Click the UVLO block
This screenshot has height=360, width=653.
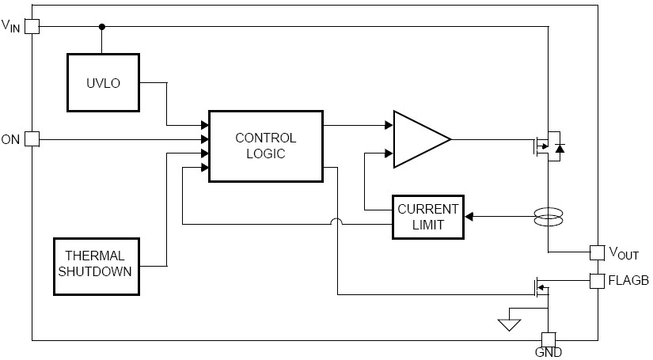[x=103, y=83]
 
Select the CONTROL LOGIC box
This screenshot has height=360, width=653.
[x=265, y=146]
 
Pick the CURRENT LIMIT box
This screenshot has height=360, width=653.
[x=427, y=217]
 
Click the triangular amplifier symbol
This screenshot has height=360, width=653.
[x=420, y=139]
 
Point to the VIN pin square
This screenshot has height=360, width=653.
[x=32, y=26]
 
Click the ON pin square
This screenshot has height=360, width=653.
[x=32, y=139]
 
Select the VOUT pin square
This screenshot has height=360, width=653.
[x=598, y=252]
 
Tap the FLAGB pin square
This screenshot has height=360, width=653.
[x=598, y=280]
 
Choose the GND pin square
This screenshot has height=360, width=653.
[x=548, y=339]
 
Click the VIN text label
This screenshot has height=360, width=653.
[x=11, y=25]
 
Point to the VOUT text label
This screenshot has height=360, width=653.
[x=624, y=253]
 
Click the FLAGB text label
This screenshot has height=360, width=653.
[x=628, y=280]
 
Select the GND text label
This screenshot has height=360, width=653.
[x=548, y=354]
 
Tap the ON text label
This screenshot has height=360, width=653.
[x=10, y=140]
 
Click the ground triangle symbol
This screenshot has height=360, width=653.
[x=509, y=324]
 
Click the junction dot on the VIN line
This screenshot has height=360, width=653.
[x=101, y=26]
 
